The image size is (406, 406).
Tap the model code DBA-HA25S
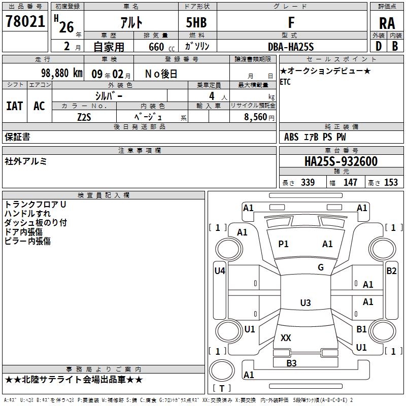pyautogui.click(x=291, y=47)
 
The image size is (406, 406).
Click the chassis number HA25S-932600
pyautogui.click(x=341, y=161)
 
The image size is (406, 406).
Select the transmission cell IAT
pyautogui.click(x=15, y=106)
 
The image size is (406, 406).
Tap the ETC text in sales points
pyautogui.click(x=286, y=83)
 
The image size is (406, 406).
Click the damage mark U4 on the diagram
pyautogui.click(x=219, y=271)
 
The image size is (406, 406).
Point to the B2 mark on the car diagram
pyautogui.click(x=391, y=271)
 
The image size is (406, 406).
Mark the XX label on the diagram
pyautogui.click(x=286, y=337)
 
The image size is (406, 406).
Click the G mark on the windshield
pyautogui.click(x=321, y=267)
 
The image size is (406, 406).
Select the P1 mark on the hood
pyautogui.click(x=283, y=244)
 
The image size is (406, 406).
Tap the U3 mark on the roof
pyautogui.click(x=305, y=303)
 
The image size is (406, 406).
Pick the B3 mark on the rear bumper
pyautogui.click(x=291, y=363)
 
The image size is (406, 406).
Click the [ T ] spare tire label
pyautogui.click(x=222, y=388)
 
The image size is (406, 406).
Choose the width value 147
pyautogui.click(x=350, y=182)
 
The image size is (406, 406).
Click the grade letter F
pyautogui.click(x=291, y=22)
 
